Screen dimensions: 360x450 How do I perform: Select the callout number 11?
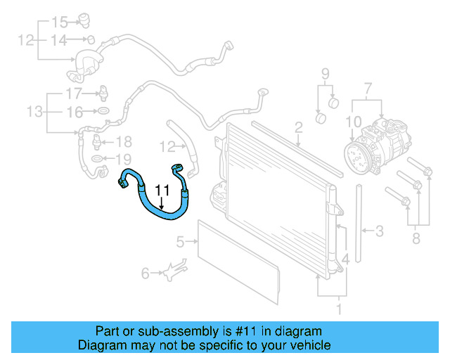162,191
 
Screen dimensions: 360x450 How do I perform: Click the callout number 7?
366,89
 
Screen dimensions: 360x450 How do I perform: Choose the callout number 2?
298,127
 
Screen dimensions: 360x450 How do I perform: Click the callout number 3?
379,231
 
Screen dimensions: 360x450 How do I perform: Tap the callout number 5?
180,243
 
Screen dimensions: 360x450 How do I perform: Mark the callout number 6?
146,273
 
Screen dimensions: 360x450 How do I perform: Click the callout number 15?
60,21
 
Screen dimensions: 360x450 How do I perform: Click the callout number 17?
75,94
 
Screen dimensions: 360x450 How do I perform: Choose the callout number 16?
75,111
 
